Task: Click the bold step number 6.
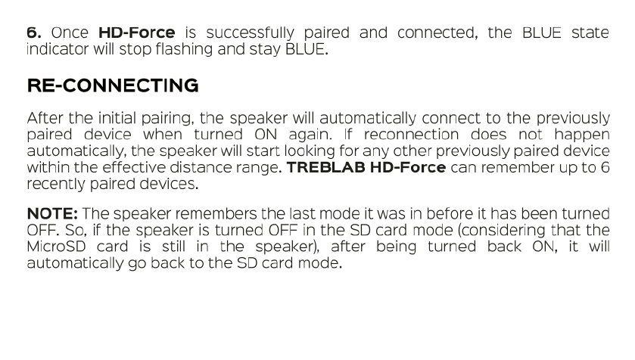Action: [34, 33]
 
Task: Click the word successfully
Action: [251, 33]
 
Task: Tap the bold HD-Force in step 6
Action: [137, 33]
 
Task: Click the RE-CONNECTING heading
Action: [113, 85]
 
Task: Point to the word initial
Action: [117, 118]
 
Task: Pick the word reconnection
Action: [411, 135]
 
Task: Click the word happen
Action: [582, 135]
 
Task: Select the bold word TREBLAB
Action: [326, 167]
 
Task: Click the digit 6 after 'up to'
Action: [605, 167]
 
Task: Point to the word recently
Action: [56, 185]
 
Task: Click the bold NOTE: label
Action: [52, 213]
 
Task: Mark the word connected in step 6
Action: [437, 33]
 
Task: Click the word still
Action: [173, 247]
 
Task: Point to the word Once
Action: [70, 33]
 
